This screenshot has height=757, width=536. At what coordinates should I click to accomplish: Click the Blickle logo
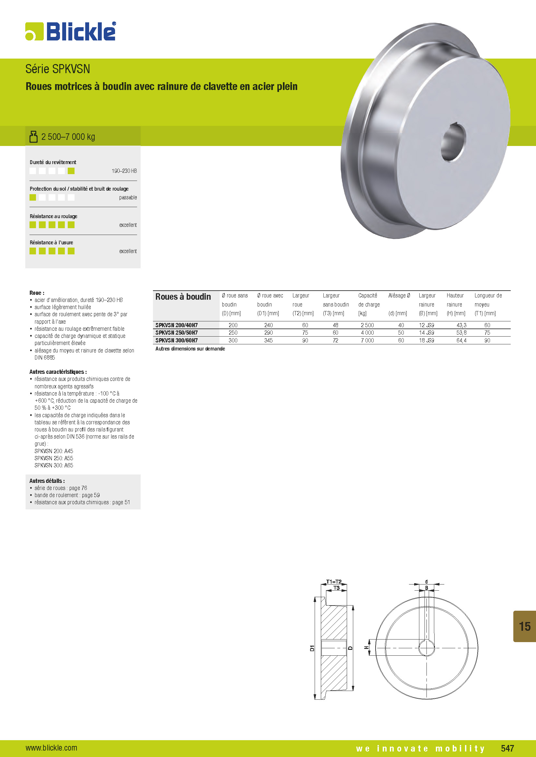tap(71, 32)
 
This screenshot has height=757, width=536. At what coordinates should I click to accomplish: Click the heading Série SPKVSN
tap(58, 69)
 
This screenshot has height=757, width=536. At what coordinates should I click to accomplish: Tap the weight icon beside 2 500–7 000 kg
tap(33, 137)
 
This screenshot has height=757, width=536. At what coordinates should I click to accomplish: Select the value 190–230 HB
tap(124, 171)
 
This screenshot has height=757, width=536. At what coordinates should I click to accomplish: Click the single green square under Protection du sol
tap(33, 197)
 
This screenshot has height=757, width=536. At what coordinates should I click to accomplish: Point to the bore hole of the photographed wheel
tap(453, 142)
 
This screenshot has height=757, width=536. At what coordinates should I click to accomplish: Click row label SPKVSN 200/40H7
tap(177, 325)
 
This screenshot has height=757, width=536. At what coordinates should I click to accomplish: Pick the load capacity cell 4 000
tap(367, 333)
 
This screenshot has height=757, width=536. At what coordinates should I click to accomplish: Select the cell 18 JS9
tap(426, 340)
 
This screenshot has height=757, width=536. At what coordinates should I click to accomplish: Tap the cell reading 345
tap(268, 340)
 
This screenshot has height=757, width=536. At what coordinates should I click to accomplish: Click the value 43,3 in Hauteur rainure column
tap(461, 325)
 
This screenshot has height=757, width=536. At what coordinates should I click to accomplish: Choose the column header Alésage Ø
tap(399, 295)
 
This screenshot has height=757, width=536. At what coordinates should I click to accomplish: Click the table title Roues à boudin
tap(183, 297)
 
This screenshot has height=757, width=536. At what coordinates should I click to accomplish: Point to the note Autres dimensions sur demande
tap(190, 349)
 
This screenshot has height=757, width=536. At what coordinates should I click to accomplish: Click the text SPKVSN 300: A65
tap(54, 465)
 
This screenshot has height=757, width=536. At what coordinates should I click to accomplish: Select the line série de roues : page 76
tap(61, 488)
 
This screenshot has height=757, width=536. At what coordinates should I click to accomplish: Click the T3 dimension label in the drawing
tap(336, 588)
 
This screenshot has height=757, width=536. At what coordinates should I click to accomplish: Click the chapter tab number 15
tap(524, 626)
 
